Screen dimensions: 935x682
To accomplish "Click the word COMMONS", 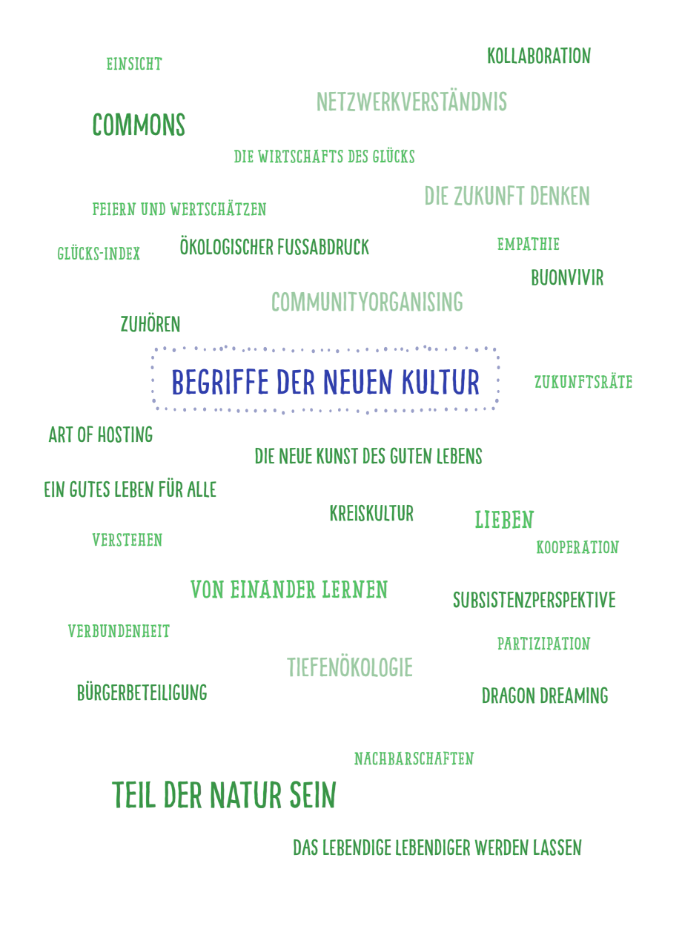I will [139, 125].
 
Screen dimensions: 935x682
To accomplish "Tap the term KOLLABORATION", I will [539, 56].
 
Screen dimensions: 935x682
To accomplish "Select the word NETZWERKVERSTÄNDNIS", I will [411, 102].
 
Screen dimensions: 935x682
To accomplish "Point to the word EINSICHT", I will [133, 65].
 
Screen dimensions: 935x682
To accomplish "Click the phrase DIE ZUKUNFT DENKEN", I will [507, 196].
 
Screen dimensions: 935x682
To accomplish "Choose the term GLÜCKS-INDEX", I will [99, 254].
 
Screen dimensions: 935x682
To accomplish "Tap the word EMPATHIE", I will [529, 245].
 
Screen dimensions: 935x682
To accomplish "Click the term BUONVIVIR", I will [567, 278].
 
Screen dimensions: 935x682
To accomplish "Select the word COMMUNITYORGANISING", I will [367, 302].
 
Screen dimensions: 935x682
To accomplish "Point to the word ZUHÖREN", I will [150, 324].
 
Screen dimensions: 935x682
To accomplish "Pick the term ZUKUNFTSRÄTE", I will [583, 383].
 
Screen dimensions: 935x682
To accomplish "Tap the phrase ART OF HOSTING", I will [100, 435].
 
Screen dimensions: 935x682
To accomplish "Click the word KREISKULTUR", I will [371, 513].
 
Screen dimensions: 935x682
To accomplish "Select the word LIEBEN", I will [504, 520].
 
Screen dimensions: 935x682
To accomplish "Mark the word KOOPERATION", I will [577, 548].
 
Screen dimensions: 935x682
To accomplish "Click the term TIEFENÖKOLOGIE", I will [350, 667].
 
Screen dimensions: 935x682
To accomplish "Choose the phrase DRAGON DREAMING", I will [545, 696].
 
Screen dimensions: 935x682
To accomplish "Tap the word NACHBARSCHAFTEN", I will [414, 759].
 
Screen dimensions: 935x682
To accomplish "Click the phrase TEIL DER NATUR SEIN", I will [224, 796].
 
